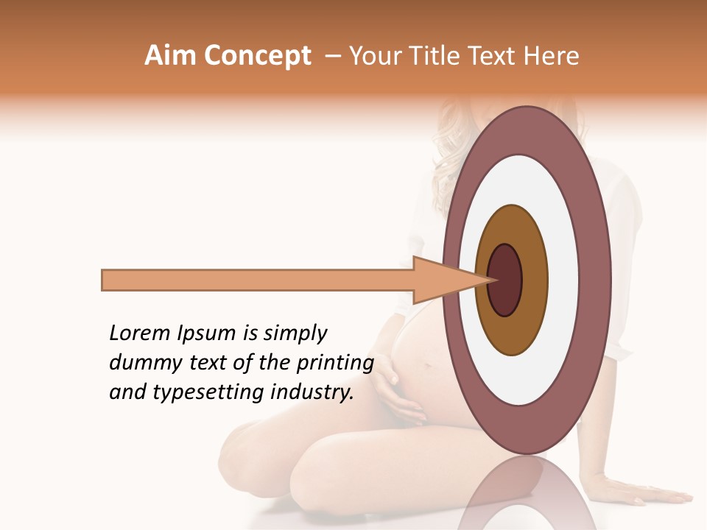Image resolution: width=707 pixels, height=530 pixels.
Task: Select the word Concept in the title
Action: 258,57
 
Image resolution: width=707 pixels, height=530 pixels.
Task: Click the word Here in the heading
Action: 552,56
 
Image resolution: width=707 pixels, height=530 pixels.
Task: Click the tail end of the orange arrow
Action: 105,280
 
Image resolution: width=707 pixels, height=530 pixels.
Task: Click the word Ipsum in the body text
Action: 203,334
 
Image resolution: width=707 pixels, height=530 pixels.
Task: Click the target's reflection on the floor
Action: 527,497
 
